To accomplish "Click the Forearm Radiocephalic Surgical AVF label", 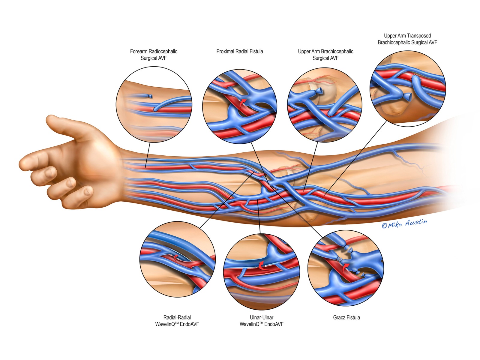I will point(154,55).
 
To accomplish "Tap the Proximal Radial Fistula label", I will point(239,51).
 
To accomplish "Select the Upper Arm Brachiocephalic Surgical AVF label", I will point(325,55).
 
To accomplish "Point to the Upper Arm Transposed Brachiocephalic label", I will point(407,39).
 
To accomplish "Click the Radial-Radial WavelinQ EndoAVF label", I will point(177,321).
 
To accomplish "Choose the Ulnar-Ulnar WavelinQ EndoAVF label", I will point(261,321).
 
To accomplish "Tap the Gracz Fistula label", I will point(346,317).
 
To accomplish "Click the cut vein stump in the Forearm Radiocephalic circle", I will point(150,96).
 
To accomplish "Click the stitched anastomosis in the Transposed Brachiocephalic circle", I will point(415,79).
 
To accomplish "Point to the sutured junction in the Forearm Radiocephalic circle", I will point(155,109).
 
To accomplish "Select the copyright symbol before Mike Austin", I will point(384,226).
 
